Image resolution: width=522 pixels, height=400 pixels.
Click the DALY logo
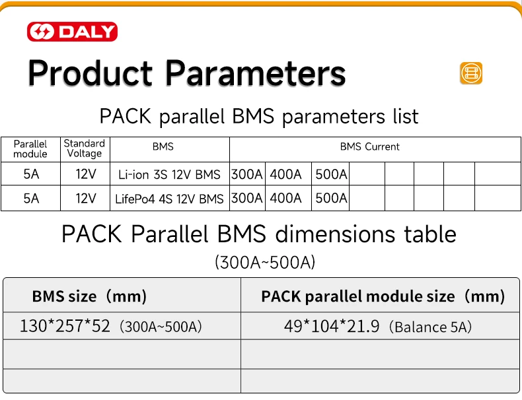(x=72, y=32)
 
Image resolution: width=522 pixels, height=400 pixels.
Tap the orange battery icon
(x=471, y=73)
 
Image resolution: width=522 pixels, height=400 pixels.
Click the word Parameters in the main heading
(x=254, y=73)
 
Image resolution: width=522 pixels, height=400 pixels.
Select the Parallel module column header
(x=30, y=149)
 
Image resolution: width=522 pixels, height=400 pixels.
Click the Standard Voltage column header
(x=84, y=149)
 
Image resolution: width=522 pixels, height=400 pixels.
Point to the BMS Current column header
(x=369, y=147)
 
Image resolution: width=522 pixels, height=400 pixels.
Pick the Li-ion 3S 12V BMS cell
(x=169, y=175)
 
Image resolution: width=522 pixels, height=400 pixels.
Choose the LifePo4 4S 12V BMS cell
(x=169, y=199)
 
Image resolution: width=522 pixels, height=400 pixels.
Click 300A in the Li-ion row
(x=247, y=175)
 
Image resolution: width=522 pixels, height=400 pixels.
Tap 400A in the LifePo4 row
(x=285, y=198)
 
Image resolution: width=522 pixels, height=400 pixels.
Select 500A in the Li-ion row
(x=331, y=175)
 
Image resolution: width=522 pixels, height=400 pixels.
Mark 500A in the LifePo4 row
(x=331, y=198)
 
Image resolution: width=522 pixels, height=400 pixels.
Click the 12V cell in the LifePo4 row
(x=86, y=198)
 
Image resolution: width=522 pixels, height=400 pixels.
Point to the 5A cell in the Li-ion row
(x=31, y=175)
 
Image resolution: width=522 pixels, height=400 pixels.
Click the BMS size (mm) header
(x=89, y=296)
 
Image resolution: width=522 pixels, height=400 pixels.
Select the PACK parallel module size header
(x=383, y=296)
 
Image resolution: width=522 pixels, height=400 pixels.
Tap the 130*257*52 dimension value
(x=65, y=326)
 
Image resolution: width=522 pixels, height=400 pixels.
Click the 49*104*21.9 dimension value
(x=332, y=326)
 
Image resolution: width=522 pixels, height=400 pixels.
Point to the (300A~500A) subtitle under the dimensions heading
(x=265, y=262)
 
